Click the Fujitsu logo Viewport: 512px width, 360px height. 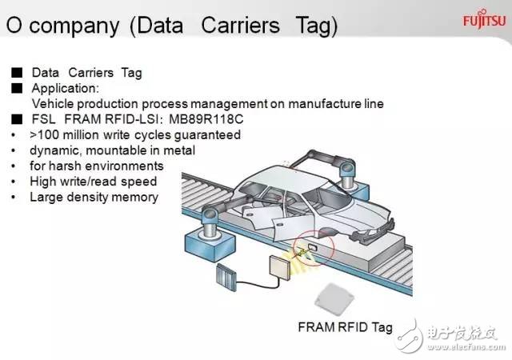(484, 20)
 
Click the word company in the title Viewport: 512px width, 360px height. (74, 26)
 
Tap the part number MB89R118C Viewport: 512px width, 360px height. (206, 119)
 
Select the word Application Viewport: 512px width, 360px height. (66, 89)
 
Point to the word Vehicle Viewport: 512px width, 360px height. (53, 104)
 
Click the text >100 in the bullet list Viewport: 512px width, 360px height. (45, 135)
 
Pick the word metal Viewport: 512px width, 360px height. (179, 150)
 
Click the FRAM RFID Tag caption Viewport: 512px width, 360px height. (345, 327)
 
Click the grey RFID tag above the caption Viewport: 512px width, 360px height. (334, 299)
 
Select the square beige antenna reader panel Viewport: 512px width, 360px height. (280, 267)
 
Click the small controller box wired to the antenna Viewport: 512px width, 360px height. (226, 277)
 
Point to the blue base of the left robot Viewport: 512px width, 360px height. (210, 245)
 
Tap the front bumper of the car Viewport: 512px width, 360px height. (375, 233)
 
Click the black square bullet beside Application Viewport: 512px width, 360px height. (17, 88)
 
